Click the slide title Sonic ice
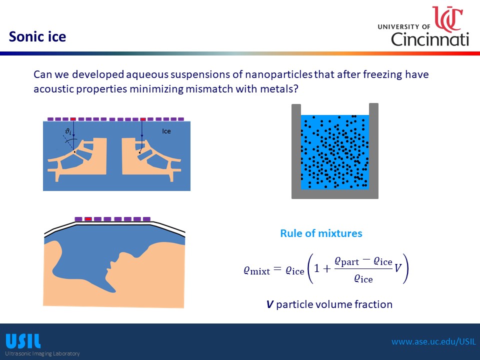pyautogui.click(x=37, y=36)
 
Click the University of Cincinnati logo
pyautogui.click(x=423, y=26)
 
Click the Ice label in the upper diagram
pyautogui.click(x=166, y=131)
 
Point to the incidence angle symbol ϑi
pyautogui.click(x=68, y=131)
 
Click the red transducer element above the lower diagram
pyautogui.click(x=88, y=219)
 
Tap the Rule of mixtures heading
pyautogui.click(x=321, y=233)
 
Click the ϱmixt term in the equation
pyautogui.click(x=257, y=270)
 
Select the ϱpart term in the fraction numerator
pyautogui.click(x=346, y=261)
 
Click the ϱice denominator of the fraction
pyautogui.click(x=363, y=278)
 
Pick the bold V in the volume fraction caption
pyautogui.click(x=269, y=304)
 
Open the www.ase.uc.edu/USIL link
pyautogui.click(x=434, y=341)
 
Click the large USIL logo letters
pyautogui.click(x=23, y=341)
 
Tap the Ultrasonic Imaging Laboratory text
pyautogui.click(x=42, y=353)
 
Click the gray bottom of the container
pyautogui.click(x=335, y=194)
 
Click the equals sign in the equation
pyautogui.click(x=277, y=269)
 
